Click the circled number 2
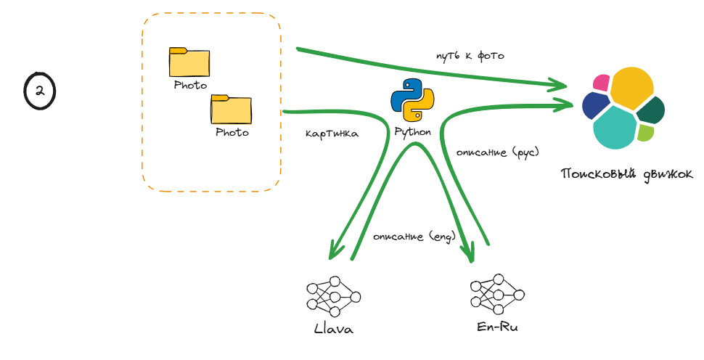tap(40, 91)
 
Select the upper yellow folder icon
tap(189, 62)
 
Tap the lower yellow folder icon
tap(232, 110)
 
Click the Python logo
tap(412, 100)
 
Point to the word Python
tap(412, 132)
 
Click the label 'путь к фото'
tap(470, 56)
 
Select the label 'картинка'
tap(332, 134)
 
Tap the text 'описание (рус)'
tap(498, 152)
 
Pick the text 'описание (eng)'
tap(414, 237)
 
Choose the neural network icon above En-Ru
tap(497, 292)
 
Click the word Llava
tap(333, 329)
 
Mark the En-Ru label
tap(498, 327)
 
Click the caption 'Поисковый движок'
tap(626, 174)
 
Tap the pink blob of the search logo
tap(601, 83)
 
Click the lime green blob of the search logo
tap(645, 132)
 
